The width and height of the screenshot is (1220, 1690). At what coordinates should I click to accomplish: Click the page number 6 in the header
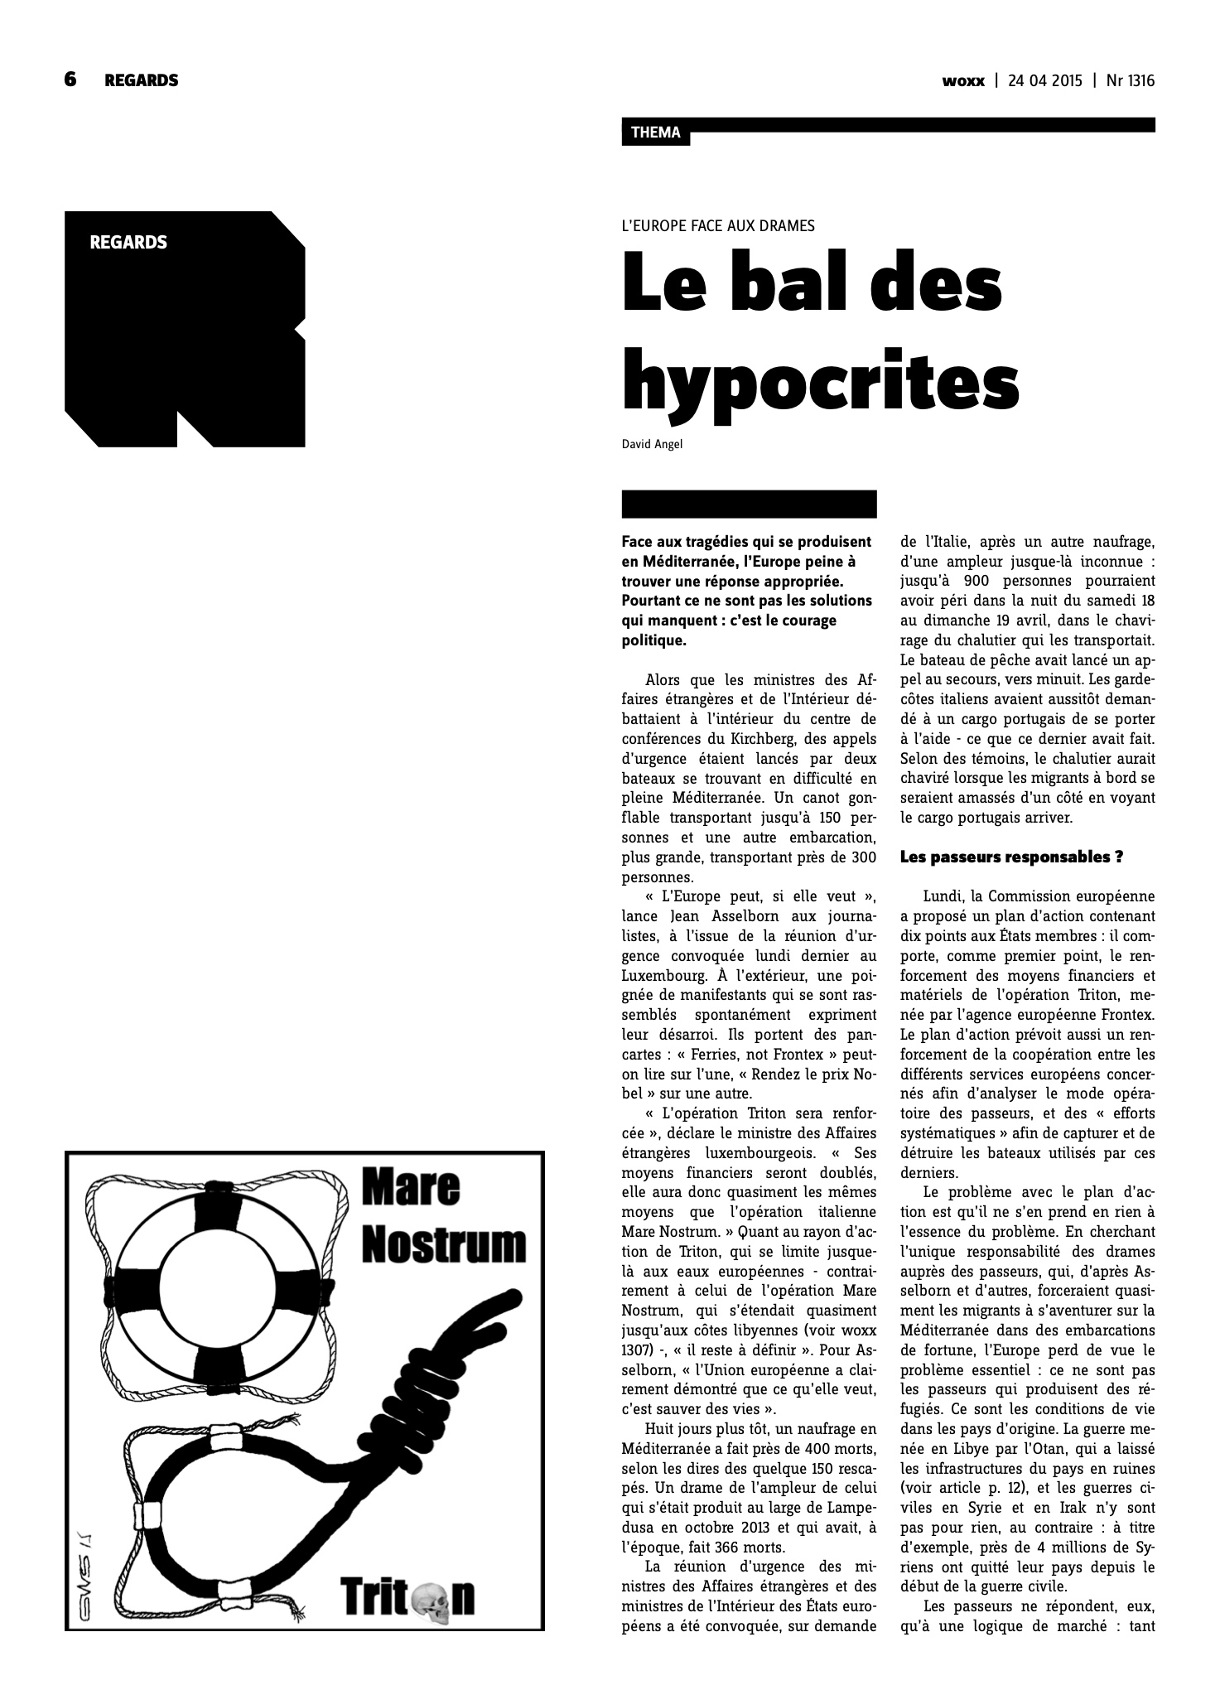tap(70, 80)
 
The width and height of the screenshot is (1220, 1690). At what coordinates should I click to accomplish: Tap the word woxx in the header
tap(963, 80)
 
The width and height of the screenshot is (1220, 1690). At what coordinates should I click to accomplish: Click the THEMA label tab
tap(655, 133)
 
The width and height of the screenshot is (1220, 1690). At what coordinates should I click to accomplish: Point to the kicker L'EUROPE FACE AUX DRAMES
tap(718, 225)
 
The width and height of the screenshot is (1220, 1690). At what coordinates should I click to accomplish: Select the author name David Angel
tap(652, 445)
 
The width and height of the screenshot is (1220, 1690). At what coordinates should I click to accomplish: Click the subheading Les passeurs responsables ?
tap(1011, 857)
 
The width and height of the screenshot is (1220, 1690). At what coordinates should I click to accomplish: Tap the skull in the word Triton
tap(432, 1597)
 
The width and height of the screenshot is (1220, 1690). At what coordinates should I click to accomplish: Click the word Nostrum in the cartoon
tap(444, 1243)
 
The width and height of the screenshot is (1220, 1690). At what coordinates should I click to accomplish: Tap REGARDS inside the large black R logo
tap(128, 243)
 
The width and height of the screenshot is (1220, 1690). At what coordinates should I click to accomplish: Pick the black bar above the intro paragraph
tap(749, 504)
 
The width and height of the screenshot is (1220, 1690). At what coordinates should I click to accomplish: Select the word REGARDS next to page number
tap(141, 80)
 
